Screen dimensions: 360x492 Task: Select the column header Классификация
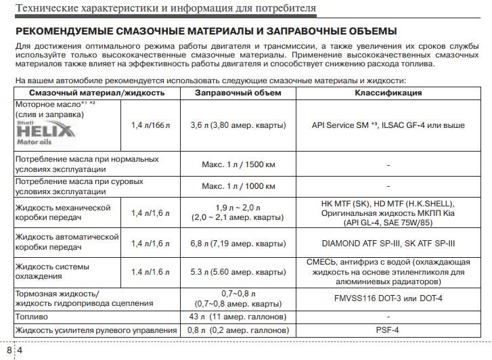[388, 92]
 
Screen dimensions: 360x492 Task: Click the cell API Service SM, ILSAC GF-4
[388, 125]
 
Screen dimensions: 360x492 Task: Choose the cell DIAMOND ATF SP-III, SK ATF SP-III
[388, 243]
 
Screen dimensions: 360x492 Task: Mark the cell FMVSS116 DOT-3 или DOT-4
[388, 298]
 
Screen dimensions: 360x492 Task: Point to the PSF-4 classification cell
[388, 330]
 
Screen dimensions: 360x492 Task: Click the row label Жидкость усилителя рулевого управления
[95, 330]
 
